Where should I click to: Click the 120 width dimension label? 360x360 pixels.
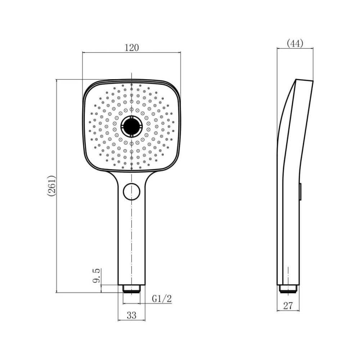(x=132, y=48)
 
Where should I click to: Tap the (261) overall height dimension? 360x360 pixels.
(x=51, y=186)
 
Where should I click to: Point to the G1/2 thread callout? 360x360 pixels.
(x=162, y=298)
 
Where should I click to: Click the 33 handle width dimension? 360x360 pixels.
(x=131, y=315)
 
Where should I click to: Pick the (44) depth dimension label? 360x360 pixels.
(x=295, y=44)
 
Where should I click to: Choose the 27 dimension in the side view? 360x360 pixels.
(x=288, y=306)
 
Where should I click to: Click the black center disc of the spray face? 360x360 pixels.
(x=131, y=126)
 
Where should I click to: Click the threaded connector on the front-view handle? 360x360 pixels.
(x=131, y=289)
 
